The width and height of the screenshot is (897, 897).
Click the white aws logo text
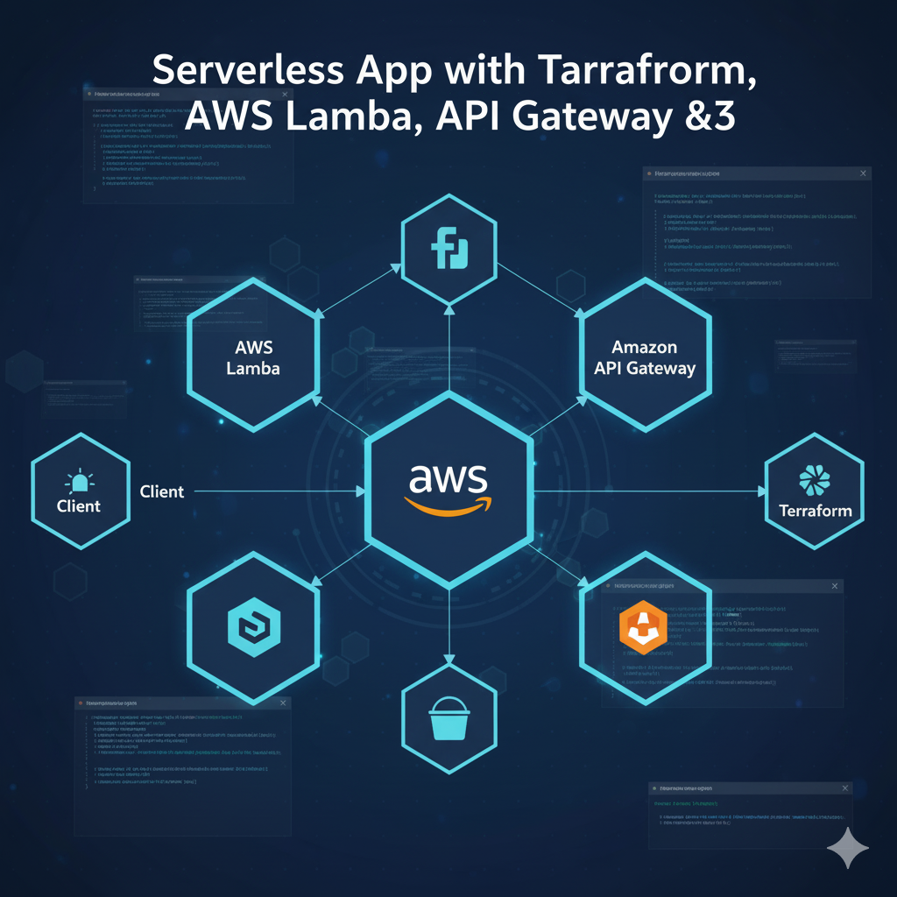coord(448,479)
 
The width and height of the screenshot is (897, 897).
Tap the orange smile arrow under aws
coord(448,505)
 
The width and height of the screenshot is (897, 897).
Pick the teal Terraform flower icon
coord(816,480)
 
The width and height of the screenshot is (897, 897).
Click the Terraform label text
coord(815,511)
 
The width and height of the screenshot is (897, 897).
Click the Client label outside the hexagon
coord(162,491)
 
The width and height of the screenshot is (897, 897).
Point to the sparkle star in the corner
coord(847,847)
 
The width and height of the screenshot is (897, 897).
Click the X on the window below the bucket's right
coord(844,788)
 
